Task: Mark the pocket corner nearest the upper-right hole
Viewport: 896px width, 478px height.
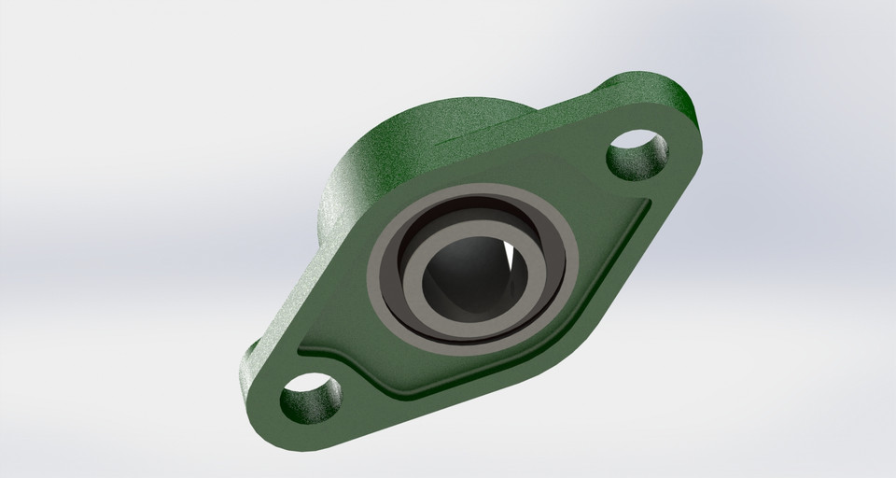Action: point(644,204)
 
